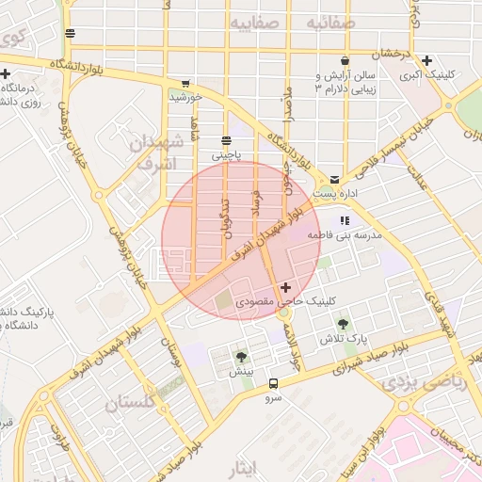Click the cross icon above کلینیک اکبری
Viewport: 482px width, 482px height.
point(427,59)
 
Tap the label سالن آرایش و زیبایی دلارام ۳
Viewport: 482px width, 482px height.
point(344,82)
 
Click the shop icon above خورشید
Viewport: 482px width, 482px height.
point(185,83)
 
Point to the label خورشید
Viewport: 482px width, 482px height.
point(185,96)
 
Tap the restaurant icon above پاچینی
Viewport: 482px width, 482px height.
point(225,139)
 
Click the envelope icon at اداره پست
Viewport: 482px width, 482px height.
point(334,179)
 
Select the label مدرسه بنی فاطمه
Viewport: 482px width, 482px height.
point(351,236)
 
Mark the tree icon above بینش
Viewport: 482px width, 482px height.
point(242,357)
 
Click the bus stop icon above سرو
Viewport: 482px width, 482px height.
point(273,384)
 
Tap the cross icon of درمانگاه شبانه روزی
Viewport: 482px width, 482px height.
point(7,73)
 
